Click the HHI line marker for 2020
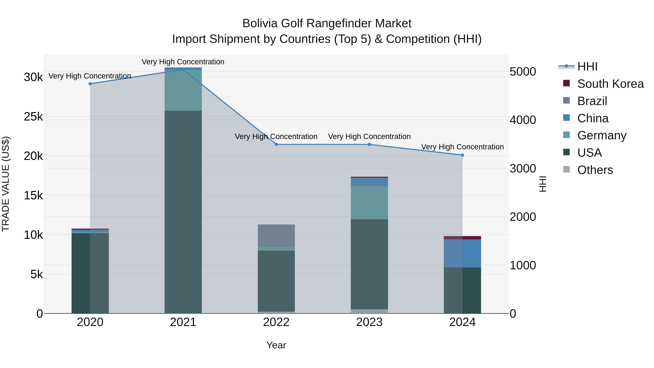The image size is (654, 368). point(90,84)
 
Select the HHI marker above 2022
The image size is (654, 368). point(276,144)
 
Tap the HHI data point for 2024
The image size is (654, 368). point(462,155)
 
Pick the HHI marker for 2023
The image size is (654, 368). point(369,144)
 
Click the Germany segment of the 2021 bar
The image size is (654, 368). point(183,90)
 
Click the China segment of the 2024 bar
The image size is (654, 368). point(462,254)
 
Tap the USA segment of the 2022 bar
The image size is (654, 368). point(276,281)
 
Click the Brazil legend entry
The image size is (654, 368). point(592,101)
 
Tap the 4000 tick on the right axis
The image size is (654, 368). point(523,120)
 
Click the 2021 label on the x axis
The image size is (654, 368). point(183,322)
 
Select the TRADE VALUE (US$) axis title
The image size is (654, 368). point(6,184)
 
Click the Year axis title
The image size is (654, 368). point(276,345)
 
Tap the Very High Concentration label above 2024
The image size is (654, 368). point(462,147)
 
